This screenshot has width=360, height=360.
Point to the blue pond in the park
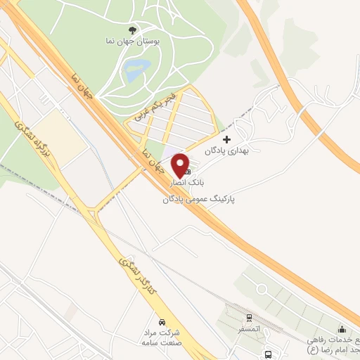tap(136, 68)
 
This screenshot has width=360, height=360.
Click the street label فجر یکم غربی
tap(153, 106)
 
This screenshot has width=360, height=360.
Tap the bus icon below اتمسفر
tap(268, 354)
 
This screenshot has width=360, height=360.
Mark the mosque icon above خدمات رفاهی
tap(342, 329)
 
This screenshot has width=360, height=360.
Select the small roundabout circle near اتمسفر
tap(262, 289)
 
